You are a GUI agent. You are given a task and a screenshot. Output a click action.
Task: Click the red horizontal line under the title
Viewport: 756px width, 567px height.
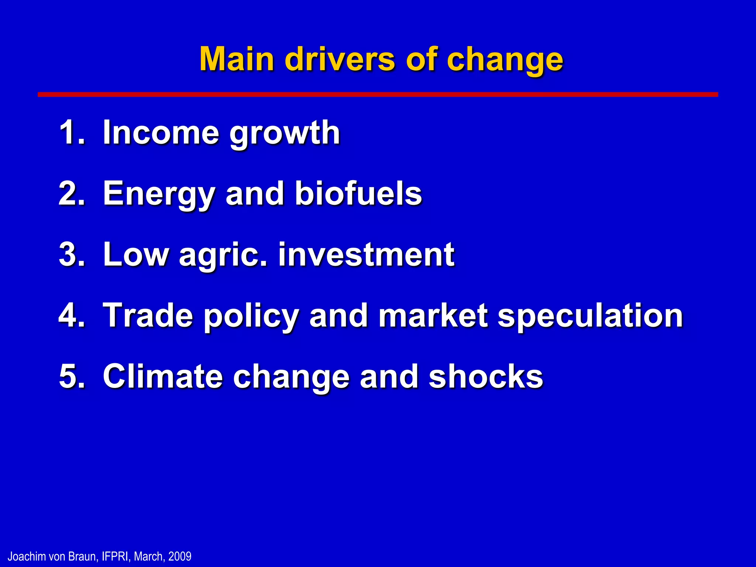(x=378, y=94)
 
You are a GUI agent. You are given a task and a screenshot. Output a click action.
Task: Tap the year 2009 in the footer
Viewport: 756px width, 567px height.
(x=180, y=556)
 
